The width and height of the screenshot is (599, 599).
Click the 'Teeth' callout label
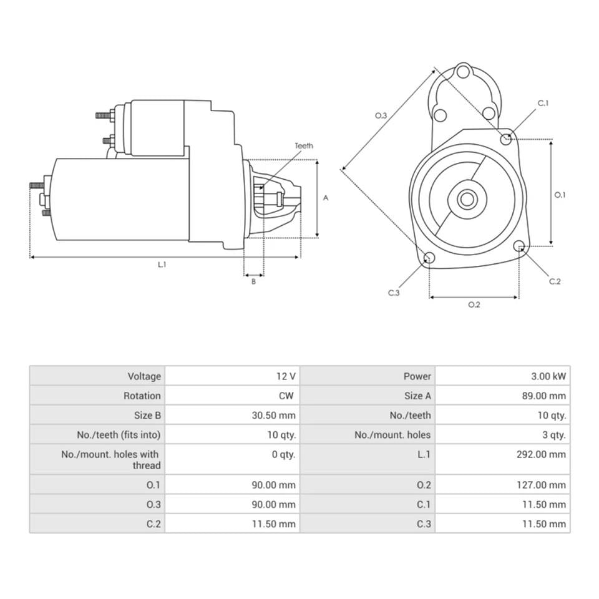coord(304,146)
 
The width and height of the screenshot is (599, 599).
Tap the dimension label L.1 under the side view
coord(162,265)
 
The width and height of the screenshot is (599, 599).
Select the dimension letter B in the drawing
coord(253,281)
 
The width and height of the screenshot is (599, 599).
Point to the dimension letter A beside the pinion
coord(325,198)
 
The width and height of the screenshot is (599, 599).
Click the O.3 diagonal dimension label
coord(381,115)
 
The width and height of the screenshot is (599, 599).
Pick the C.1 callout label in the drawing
coord(543,103)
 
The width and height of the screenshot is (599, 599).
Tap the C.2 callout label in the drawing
coord(555,281)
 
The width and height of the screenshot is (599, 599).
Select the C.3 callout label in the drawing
coord(393,293)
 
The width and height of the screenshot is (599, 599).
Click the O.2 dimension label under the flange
coord(474,305)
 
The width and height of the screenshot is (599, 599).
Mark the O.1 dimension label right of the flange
coord(560,195)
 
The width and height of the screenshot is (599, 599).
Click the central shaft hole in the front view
coord(466,200)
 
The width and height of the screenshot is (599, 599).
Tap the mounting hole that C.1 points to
coord(506,138)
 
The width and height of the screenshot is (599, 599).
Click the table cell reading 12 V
coord(286,376)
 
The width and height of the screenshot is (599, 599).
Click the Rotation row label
coord(142,396)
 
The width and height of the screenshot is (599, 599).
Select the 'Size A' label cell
coord(417,396)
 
